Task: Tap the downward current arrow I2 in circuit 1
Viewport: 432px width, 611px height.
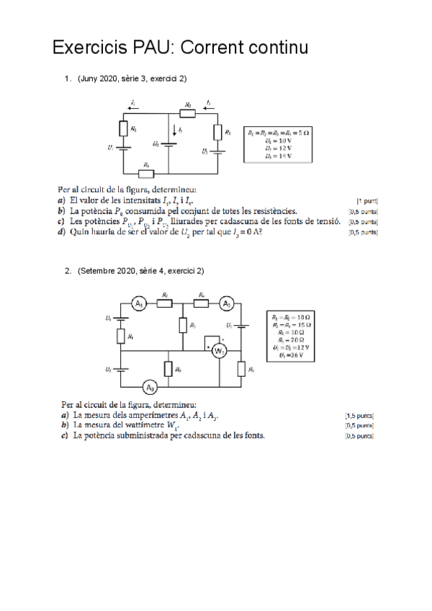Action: point(172,129)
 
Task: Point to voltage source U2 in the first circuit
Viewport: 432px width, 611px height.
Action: point(168,143)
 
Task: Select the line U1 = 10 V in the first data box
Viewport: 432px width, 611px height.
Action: point(278,141)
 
